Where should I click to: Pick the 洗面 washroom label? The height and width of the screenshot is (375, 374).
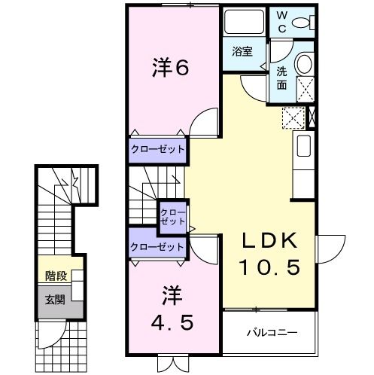(x=281, y=78)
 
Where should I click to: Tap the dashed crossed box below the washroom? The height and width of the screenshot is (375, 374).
(x=291, y=118)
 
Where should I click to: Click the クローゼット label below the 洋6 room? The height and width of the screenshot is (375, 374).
(x=157, y=149)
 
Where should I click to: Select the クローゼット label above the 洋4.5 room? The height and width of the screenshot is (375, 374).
(x=157, y=246)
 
